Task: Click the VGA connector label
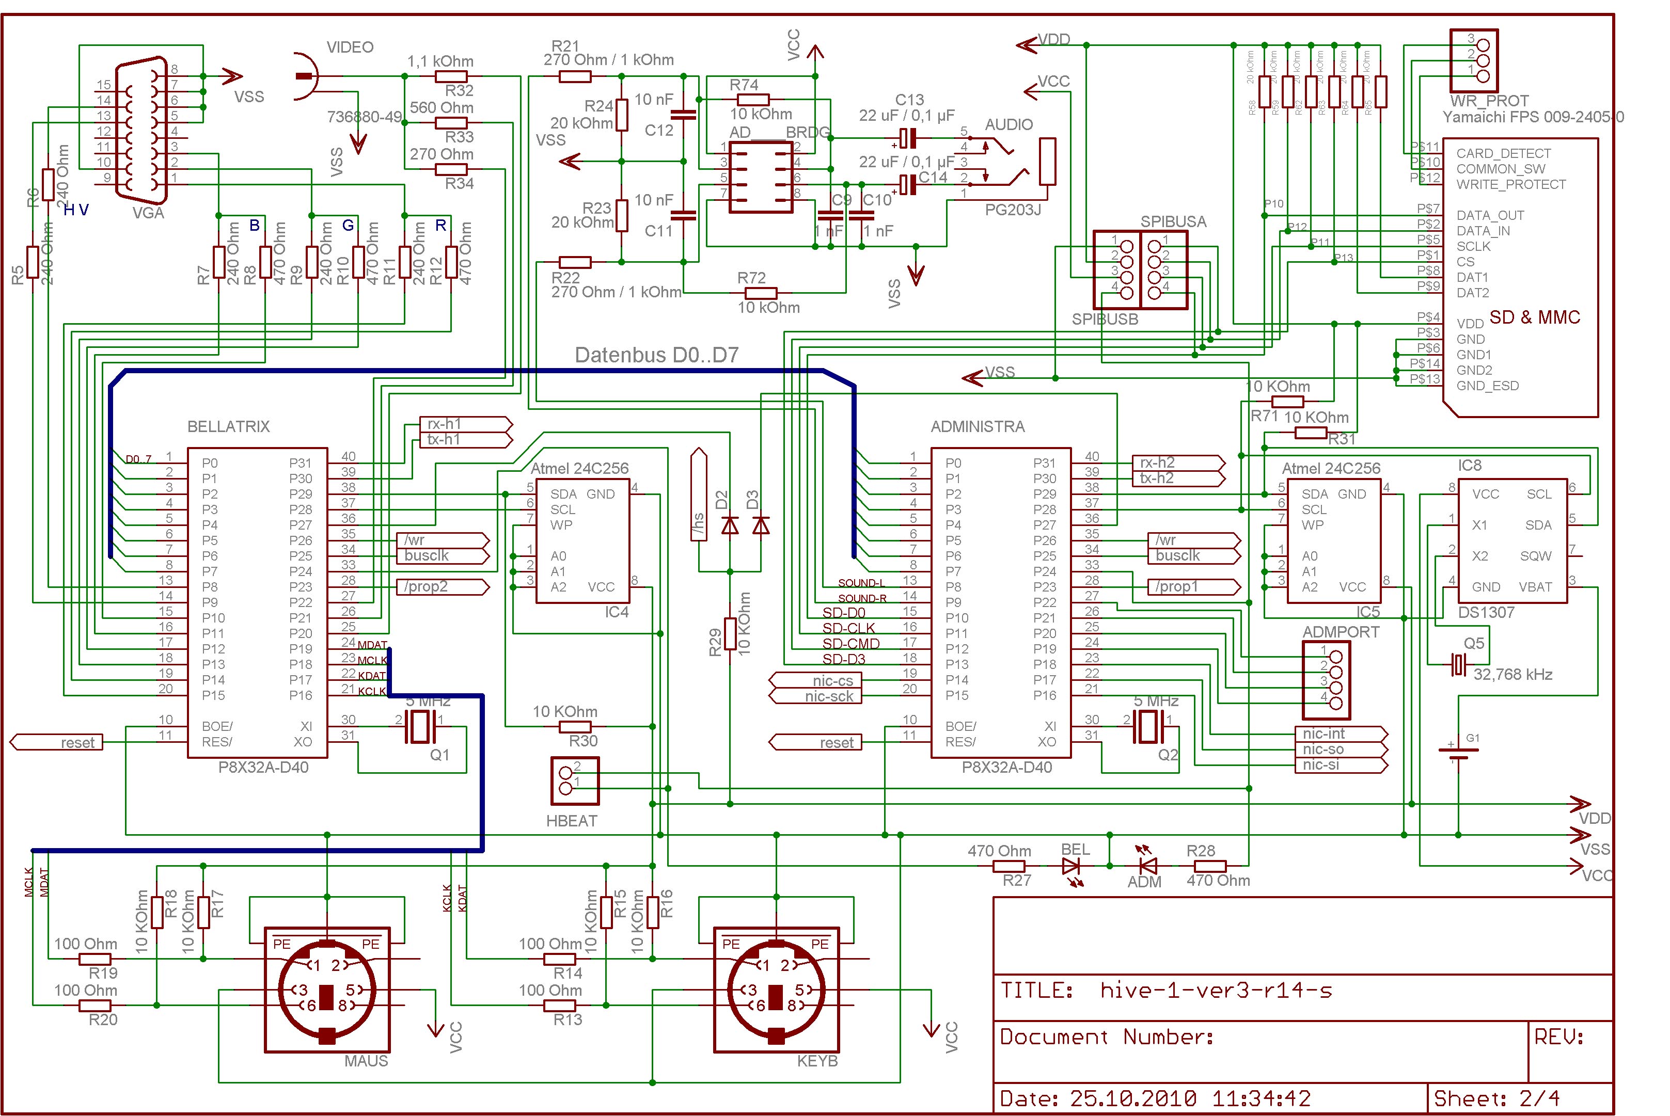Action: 148,213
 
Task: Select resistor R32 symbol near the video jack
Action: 451,77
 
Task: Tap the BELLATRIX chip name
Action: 229,426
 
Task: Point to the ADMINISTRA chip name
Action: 978,426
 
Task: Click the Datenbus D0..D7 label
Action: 656,355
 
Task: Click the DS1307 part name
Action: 1486,612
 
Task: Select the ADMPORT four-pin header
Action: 1326,680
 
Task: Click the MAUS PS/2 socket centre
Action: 327,990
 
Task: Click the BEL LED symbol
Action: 1070,866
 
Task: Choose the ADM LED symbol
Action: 1147,866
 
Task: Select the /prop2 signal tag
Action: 442,587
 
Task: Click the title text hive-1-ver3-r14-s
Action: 1216,990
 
